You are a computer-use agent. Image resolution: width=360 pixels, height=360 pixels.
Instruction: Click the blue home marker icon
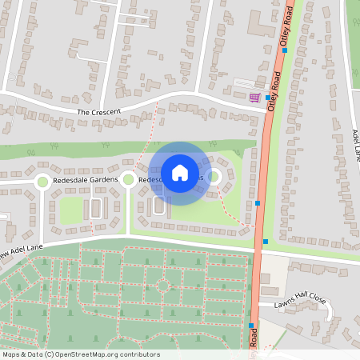[180, 172]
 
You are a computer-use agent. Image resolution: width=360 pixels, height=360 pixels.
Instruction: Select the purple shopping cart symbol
[255, 98]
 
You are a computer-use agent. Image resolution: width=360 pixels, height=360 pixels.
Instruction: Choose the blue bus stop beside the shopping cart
[268, 98]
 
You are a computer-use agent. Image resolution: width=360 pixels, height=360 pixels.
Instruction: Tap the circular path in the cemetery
[163, 284]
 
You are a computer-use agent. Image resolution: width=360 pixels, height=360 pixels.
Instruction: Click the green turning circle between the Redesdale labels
[127, 180]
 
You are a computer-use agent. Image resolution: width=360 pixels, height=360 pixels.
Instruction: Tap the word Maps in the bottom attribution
[11, 354]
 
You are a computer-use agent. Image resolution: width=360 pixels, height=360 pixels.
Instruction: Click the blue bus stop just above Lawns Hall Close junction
[266, 242]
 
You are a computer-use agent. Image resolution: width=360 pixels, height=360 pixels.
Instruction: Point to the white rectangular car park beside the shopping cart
[243, 83]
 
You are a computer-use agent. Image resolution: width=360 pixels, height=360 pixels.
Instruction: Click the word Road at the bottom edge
[253, 341]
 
